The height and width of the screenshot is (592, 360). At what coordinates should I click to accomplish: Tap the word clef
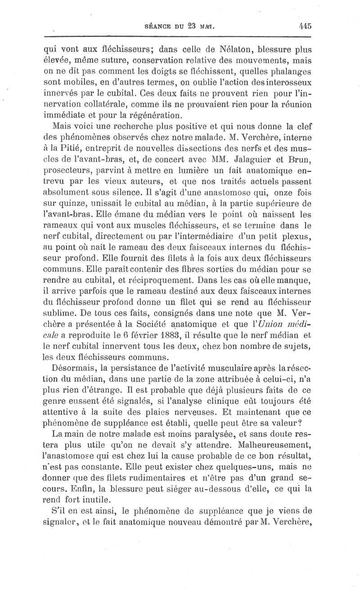(304, 126)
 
